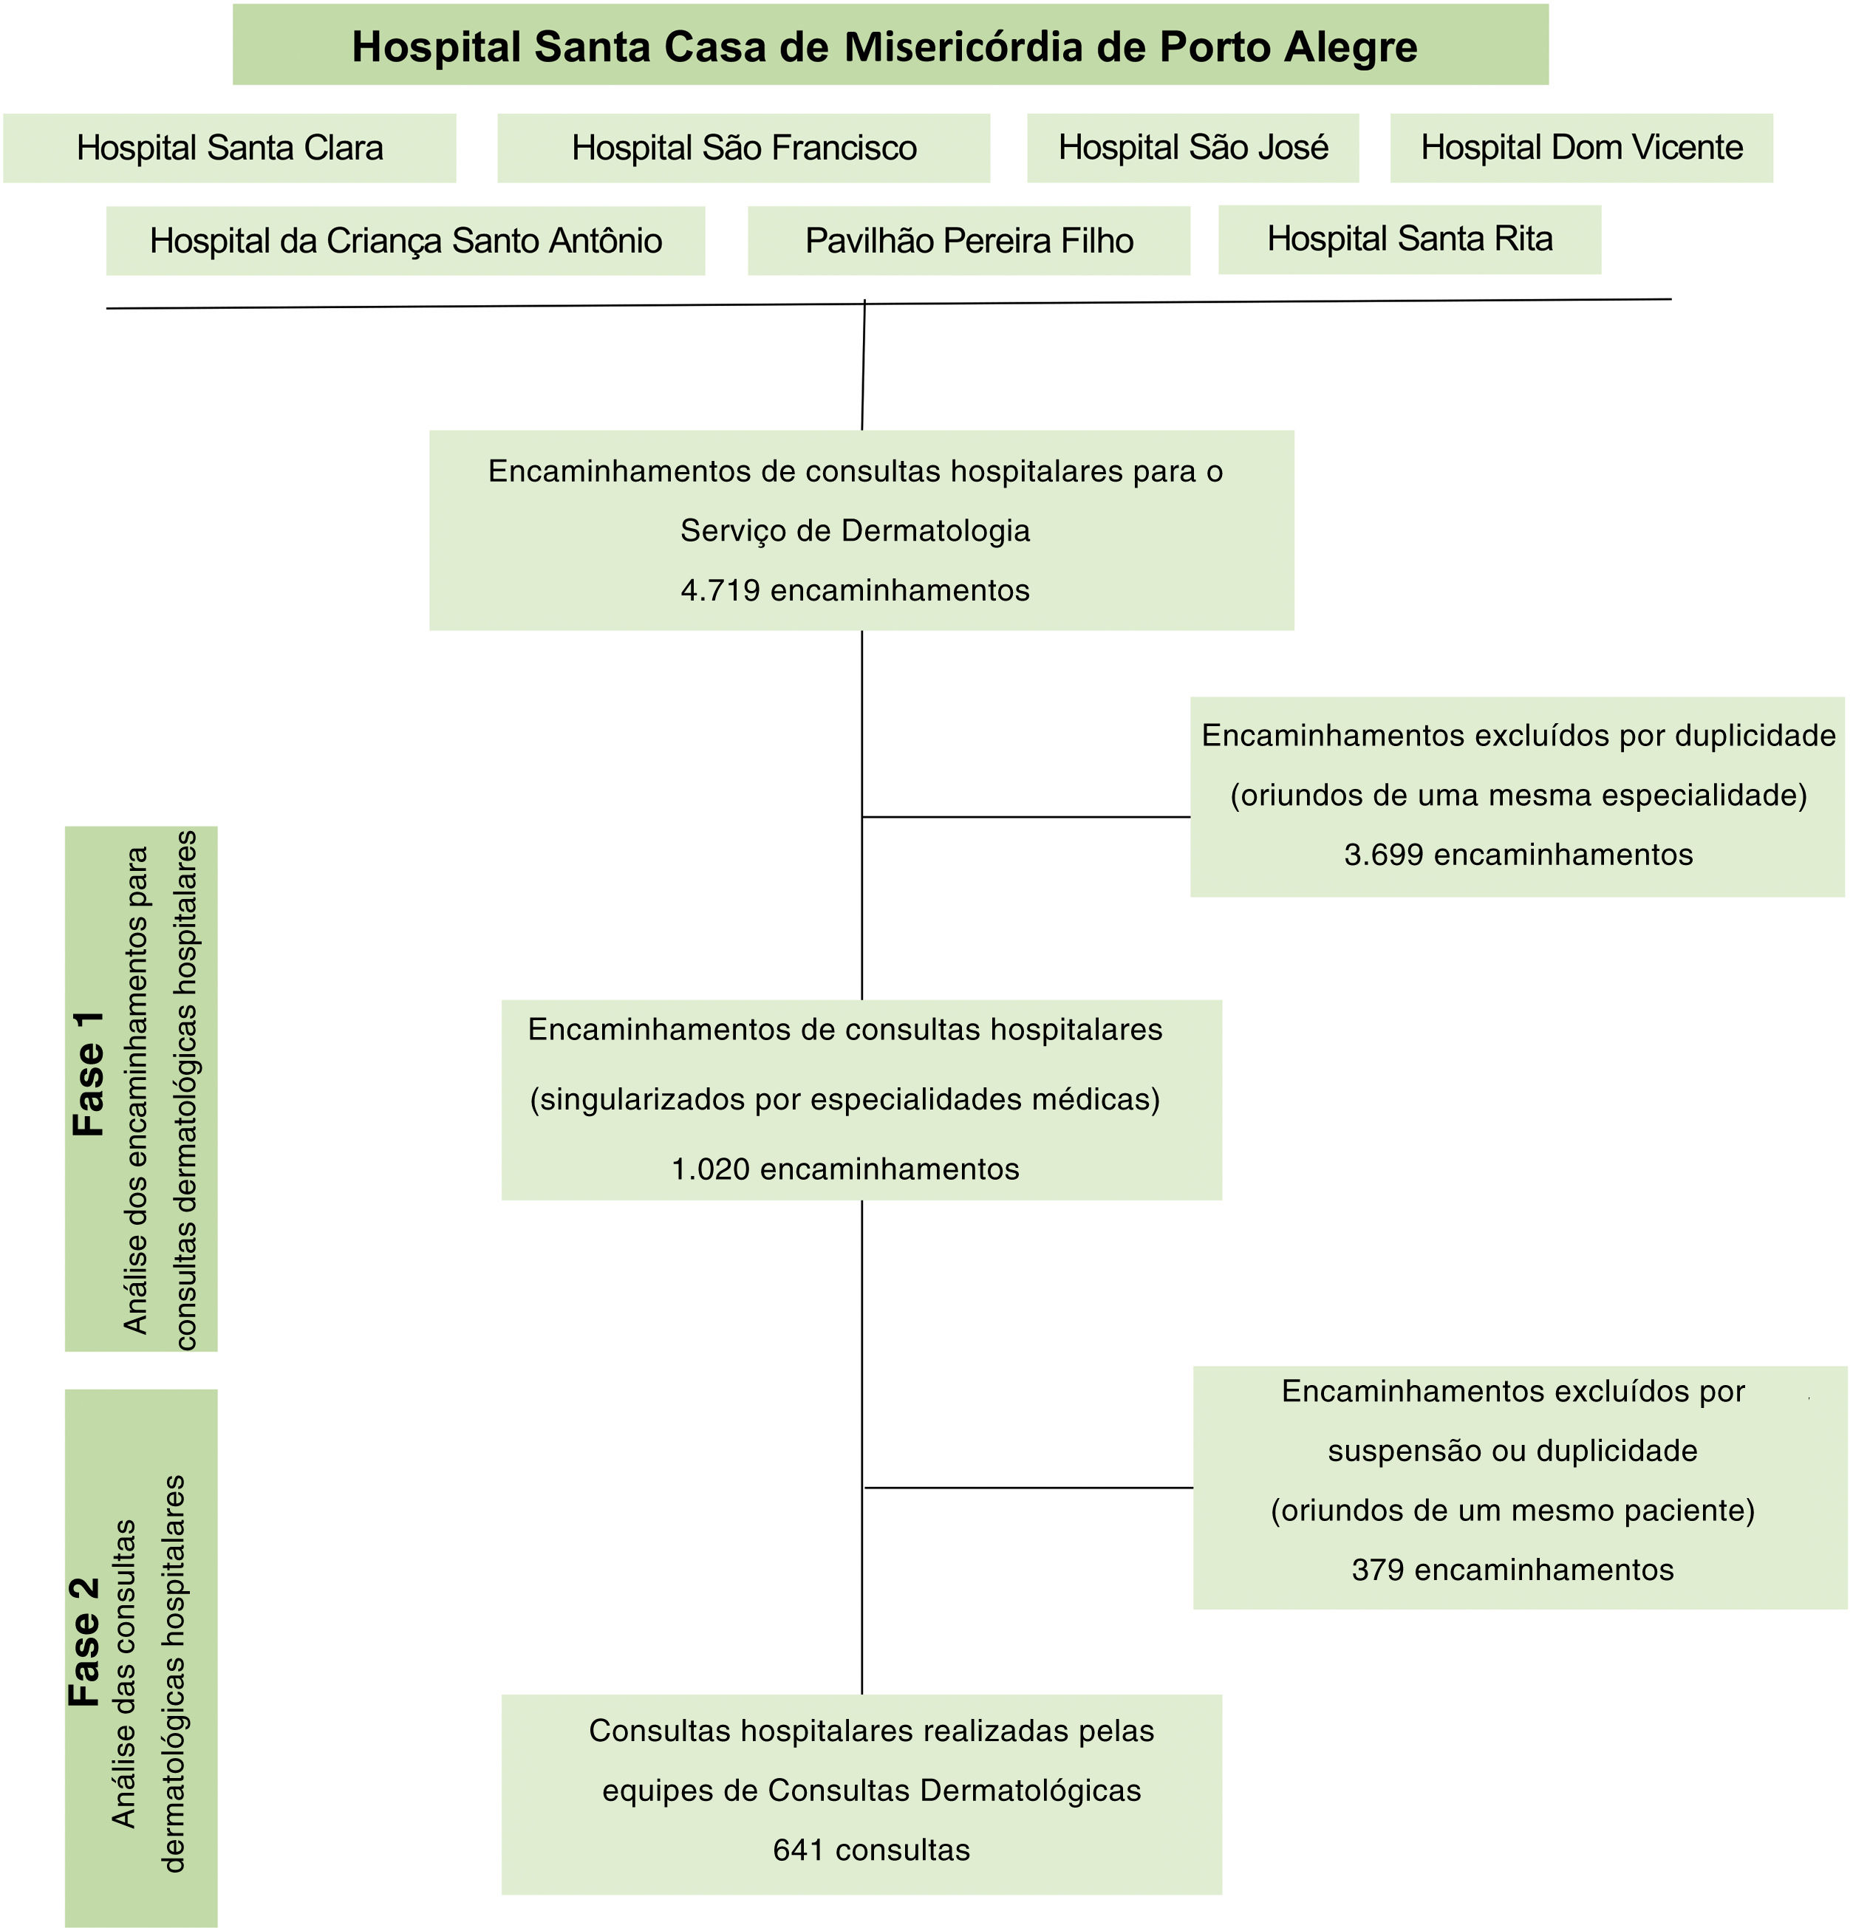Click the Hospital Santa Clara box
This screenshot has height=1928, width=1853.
click(229, 148)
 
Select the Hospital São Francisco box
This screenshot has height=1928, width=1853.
click(743, 148)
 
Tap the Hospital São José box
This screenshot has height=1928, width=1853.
click(1192, 148)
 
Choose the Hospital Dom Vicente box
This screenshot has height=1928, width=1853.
click(1580, 148)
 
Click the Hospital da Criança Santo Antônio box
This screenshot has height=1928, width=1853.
click(406, 240)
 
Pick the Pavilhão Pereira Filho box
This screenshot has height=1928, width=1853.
click(969, 240)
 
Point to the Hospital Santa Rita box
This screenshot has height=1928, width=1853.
click(1409, 239)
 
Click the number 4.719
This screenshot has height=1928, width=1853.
click(720, 590)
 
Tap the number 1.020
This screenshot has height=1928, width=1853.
click(711, 1169)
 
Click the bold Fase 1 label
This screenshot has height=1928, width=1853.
click(89, 1073)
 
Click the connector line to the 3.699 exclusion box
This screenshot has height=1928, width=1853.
click(1026, 816)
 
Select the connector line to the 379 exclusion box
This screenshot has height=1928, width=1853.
click(1028, 1487)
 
